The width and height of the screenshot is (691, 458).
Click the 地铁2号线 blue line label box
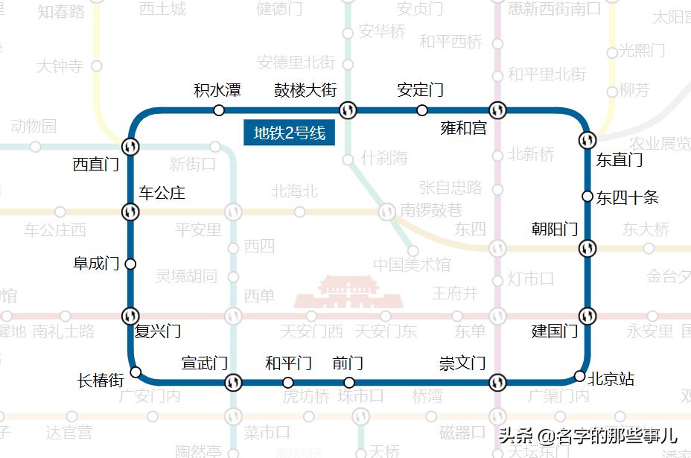(x=290, y=133)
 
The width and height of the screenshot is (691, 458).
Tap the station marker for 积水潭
(x=219, y=110)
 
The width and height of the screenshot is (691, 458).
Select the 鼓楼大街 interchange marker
(x=348, y=110)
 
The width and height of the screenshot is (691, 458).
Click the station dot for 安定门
(x=422, y=110)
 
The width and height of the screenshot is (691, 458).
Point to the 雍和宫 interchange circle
(x=498, y=110)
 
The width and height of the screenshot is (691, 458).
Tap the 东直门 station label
(x=619, y=159)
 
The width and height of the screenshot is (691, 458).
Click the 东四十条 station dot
(x=587, y=197)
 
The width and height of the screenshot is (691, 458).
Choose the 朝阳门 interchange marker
(x=587, y=247)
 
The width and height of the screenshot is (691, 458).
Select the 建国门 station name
(x=555, y=331)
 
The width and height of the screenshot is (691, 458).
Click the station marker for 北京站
(x=579, y=375)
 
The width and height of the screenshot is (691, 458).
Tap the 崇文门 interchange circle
(x=497, y=383)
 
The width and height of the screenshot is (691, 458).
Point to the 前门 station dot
(x=349, y=383)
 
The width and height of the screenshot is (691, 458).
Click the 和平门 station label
(x=288, y=363)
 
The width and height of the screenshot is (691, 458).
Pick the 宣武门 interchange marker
(x=233, y=383)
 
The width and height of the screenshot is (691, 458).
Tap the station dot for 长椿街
(x=136, y=372)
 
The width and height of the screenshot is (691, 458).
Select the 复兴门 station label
(x=158, y=331)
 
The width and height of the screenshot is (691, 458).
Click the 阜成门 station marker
(x=130, y=264)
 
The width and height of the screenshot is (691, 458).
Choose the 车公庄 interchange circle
(x=130, y=212)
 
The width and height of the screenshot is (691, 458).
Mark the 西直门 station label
(x=96, y=165)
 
